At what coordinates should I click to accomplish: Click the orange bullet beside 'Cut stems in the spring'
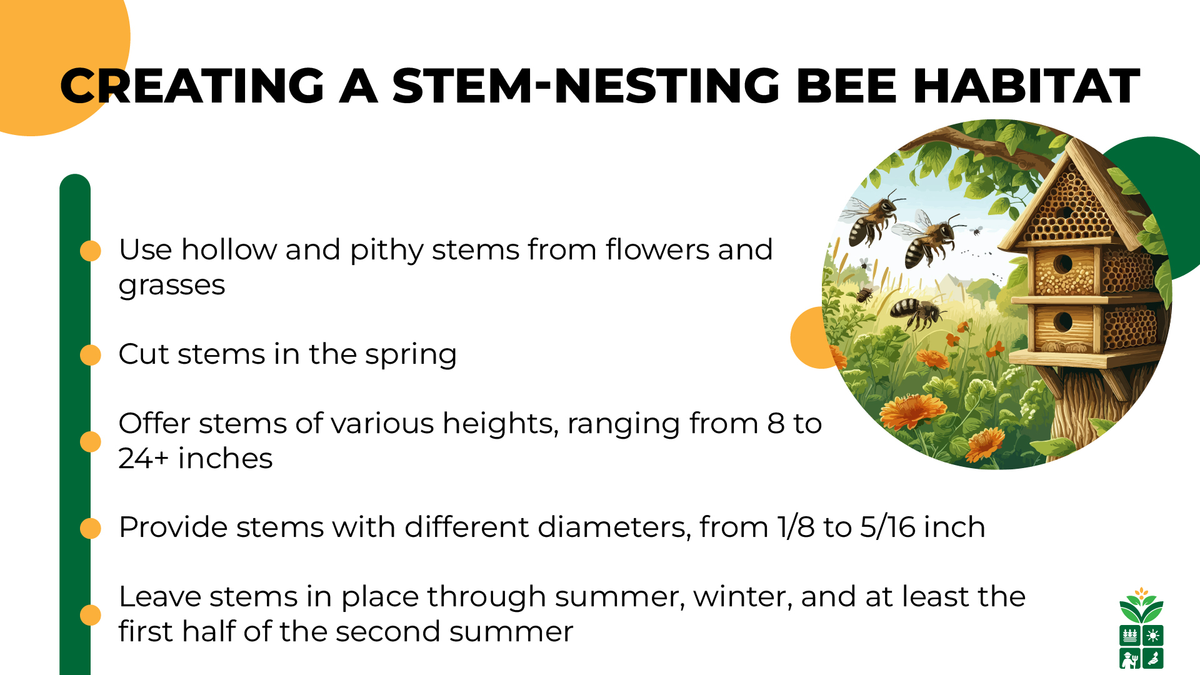[91, 355]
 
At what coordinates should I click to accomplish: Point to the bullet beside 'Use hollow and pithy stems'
[91, 251]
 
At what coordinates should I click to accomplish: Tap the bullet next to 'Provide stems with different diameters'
[91, 528]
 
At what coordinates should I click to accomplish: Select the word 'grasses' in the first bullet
[171, 286]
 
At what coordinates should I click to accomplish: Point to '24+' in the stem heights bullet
[143, 458]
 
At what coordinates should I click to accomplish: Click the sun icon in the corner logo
[1153, 636]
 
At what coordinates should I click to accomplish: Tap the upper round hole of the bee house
[1062, 264]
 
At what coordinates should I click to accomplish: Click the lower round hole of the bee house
[1062, 322]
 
